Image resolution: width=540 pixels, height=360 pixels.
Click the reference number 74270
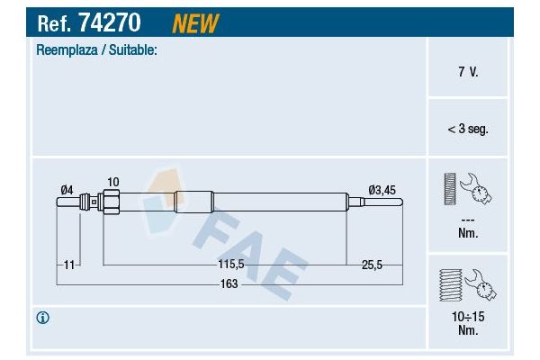point(110,22)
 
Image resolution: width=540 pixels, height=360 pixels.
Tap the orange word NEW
point(195,23)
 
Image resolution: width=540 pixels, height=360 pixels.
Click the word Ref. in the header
point(54,23)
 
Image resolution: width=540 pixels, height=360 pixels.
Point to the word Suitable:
point(133,50)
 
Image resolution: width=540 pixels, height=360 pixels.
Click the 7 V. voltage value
point(468,72)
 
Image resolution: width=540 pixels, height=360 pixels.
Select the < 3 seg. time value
point(468,129)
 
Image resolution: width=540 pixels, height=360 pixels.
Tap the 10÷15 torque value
point(468,317)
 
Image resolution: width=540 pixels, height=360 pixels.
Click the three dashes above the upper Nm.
point(468,220)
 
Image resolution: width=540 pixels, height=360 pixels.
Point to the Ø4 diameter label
point(67,190)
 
